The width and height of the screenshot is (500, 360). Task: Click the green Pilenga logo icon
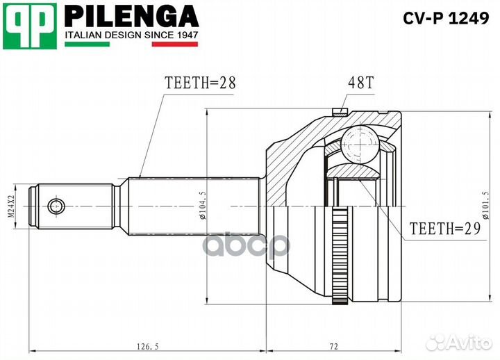click(x=28, y=25)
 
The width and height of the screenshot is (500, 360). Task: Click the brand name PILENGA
click(x=131, y=15)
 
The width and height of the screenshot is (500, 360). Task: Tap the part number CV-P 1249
click(x=446, y=19)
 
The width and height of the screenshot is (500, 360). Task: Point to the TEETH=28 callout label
click(x=200, y=82)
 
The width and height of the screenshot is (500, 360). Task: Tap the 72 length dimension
click(x=333, y=345)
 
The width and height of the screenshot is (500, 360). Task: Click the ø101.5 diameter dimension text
click(x=484, y=206)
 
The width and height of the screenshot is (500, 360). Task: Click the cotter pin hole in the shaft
click(x=56, y=206)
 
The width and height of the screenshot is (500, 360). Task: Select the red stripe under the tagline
click(x=174, y=44)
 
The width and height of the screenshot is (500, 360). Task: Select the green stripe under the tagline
click(x=87, y=44)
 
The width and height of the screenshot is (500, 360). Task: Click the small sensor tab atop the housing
click(x=340, y=111)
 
